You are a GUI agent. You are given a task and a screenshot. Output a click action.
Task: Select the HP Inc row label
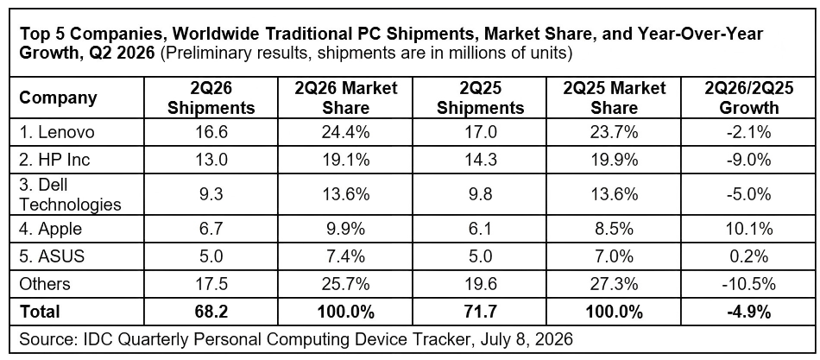click(x=54, y=159)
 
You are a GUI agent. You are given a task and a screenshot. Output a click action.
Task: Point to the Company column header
click(x=58, y=98)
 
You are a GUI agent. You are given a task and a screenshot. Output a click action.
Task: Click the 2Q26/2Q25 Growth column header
click(x=748, y=98)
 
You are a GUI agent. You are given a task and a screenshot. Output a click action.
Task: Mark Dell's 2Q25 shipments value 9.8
click(x=481, y=194)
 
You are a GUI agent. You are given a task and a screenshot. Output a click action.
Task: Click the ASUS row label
click(x=51, y=256)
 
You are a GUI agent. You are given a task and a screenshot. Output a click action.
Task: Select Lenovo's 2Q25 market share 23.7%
click(x=614, y=132)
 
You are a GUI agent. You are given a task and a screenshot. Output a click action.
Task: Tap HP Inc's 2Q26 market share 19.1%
click(x=346, y=159)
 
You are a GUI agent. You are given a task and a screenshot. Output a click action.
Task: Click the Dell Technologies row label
click(x=70, y=194)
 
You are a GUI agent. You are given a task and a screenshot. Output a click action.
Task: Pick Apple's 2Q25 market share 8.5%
click(x=614, y=229)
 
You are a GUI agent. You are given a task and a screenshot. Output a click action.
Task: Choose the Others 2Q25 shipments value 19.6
click(x=481, y=284)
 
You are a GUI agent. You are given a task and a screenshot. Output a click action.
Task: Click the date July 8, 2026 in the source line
click(x=522, y=339)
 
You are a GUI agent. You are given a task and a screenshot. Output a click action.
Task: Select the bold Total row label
click(x=39, y=312)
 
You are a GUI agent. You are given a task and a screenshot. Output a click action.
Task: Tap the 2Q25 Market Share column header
click(x=615, y=98)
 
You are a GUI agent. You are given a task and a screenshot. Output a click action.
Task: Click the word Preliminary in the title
click(x=205, y=54)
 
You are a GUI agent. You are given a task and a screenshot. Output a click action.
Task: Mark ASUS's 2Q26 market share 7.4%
click(x=346, y=256)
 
